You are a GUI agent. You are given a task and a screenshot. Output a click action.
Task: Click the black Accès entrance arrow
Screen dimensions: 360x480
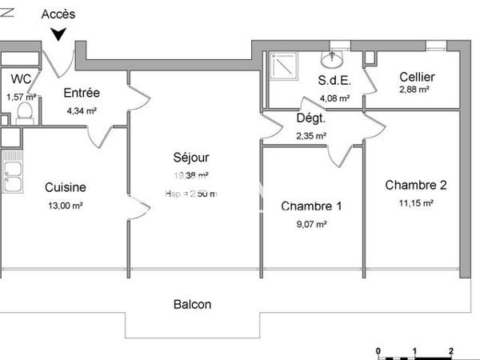[59, 34]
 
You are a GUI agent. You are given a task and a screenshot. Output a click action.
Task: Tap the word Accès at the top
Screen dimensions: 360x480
[59, 13]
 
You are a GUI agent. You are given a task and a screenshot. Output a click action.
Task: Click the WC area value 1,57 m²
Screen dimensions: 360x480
[22, 97]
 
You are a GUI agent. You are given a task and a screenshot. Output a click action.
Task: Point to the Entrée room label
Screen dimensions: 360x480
[81, 94]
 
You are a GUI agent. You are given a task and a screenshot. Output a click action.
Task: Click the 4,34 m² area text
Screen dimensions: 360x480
[81, 111]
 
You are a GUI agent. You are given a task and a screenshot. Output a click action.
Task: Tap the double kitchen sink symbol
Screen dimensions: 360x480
[12, 178]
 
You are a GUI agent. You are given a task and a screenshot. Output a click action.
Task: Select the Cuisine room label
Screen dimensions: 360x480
[66, 187]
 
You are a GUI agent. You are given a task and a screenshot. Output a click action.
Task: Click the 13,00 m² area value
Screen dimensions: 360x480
[66, 205]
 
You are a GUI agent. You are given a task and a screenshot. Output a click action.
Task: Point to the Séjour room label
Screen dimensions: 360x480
[192, 157]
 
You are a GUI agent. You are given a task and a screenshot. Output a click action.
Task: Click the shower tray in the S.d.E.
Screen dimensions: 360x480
[282, 65]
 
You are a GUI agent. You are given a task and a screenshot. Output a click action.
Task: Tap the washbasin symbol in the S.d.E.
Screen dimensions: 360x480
[332, 58]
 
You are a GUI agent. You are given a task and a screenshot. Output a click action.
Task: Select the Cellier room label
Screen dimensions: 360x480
[418, 77]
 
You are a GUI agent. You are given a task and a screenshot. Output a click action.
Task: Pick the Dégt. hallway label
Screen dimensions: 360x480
[311, 118]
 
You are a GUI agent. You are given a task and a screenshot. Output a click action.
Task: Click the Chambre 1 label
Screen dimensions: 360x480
[312, 206]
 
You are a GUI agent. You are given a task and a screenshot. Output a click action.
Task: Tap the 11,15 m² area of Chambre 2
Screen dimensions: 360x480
[415, 203]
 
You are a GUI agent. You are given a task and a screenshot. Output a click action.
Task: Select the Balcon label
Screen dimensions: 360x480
[193, 304]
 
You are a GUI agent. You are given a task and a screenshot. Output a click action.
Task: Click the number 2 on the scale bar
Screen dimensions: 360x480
[451, 350]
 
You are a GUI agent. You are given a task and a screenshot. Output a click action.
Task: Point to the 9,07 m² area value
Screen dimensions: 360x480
[311, 225]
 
